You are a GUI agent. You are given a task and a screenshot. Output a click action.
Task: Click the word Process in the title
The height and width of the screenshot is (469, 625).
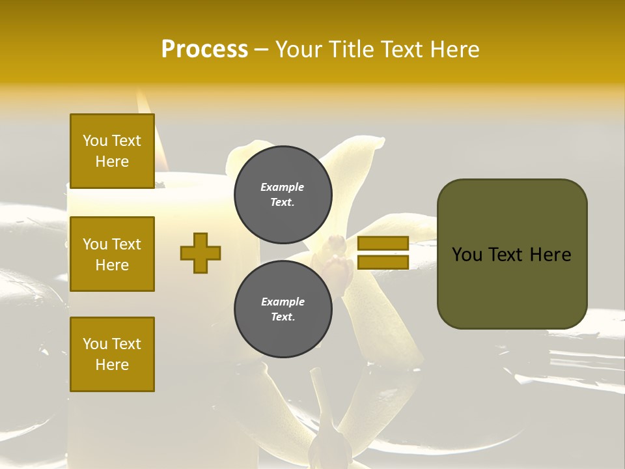[204, 50]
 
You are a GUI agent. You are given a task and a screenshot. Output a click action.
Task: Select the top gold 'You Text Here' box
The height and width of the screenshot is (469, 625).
[112, 151]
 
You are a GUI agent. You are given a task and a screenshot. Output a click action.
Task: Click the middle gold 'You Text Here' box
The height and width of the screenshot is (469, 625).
[112, 254]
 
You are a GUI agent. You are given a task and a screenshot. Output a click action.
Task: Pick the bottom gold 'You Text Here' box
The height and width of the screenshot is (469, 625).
[112, 354]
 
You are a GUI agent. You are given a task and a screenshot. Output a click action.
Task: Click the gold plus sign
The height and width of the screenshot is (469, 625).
[201, 253]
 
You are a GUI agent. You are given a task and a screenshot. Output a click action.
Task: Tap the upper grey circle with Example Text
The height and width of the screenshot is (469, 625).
[283, 195]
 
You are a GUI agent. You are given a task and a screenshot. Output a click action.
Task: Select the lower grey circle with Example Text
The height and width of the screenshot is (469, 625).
[283, 309]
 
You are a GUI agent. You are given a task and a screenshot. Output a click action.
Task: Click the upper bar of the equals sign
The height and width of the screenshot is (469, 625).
[383, 244]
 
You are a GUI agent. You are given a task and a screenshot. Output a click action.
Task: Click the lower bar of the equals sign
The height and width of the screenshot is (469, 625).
[383, 262]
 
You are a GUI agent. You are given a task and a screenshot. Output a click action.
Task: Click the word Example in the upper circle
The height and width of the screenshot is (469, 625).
[282, 187]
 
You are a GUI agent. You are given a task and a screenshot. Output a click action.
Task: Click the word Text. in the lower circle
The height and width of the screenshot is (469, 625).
[282, 317]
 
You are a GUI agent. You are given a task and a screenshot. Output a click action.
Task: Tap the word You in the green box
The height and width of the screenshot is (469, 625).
[467, 255]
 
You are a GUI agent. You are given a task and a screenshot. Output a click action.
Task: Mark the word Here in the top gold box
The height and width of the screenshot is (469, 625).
[112, 162]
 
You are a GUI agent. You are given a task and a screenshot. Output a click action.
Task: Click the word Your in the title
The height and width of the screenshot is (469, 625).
[301, 50]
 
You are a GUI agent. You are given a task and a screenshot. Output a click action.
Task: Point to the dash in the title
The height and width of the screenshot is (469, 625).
[261, 50]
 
